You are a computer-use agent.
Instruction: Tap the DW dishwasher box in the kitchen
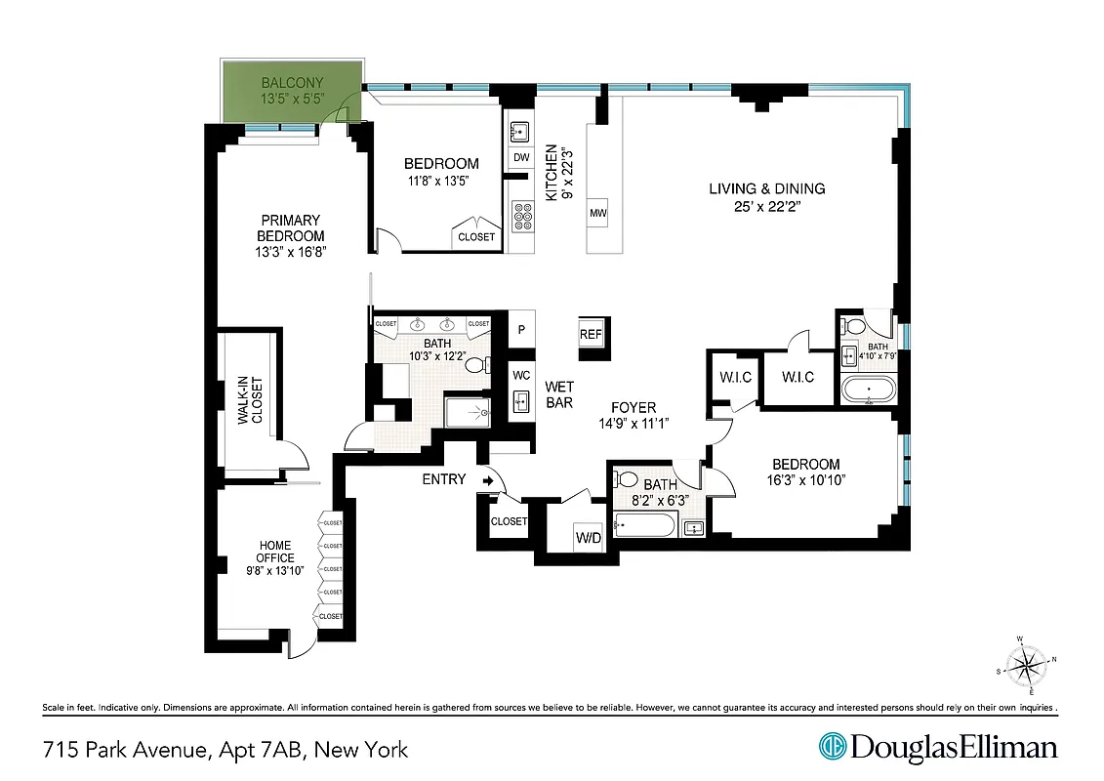[521, 158]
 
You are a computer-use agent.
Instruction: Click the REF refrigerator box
[591, 333]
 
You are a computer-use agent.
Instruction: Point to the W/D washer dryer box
[588, 536]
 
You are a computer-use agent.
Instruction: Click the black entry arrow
[487, 479]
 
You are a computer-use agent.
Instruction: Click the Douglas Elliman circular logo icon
[833, 748]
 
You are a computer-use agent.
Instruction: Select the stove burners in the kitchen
[521, 215]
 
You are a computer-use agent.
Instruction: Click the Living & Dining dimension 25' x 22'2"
[766, 206]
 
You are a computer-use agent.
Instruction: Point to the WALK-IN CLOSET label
[251, 400]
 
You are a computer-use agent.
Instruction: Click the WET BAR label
[558, 393]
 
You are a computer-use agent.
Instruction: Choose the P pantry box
[521, 329]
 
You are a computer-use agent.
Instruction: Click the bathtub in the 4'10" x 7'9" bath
[868, 391]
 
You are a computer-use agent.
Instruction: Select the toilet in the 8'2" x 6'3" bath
[627, 480]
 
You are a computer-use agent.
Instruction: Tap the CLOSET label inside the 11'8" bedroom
[475, 236]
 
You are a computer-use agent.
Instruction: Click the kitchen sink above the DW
[521, 129]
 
